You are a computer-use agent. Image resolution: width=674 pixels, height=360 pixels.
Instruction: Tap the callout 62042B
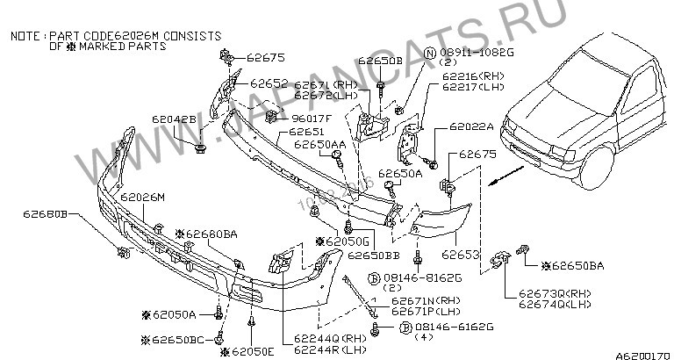180,117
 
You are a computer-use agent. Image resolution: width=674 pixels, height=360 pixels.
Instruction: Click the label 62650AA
319,145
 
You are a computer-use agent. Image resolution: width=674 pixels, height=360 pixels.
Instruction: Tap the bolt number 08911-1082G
470,54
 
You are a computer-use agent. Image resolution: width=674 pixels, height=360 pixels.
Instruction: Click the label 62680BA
211,234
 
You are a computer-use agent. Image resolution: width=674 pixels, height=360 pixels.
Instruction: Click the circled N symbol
430,53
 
